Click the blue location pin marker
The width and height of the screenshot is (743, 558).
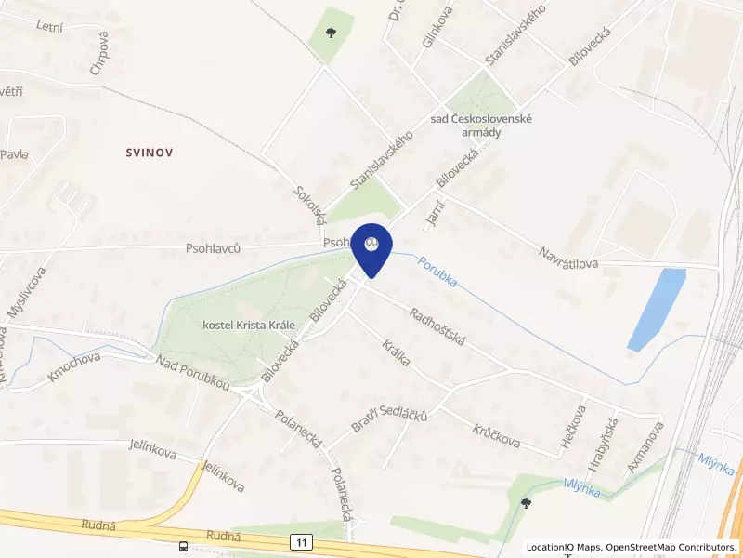click(372, 248)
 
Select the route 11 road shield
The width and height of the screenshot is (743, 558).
click(301, 540)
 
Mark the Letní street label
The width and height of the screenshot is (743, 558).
click(48, 27)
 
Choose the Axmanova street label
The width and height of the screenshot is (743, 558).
click(645, 447)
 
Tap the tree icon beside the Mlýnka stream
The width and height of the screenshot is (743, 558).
click(527, 502)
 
